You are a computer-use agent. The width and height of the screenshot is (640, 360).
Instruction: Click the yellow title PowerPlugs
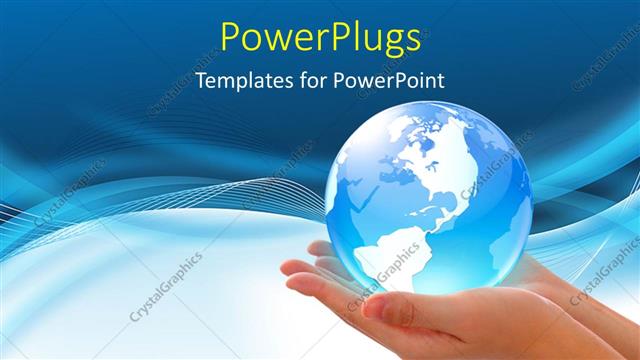click(320, 38)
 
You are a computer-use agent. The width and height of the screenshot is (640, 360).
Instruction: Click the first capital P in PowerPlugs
click(232, 37)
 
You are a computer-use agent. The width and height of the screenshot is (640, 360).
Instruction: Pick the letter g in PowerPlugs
click(384, 42)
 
